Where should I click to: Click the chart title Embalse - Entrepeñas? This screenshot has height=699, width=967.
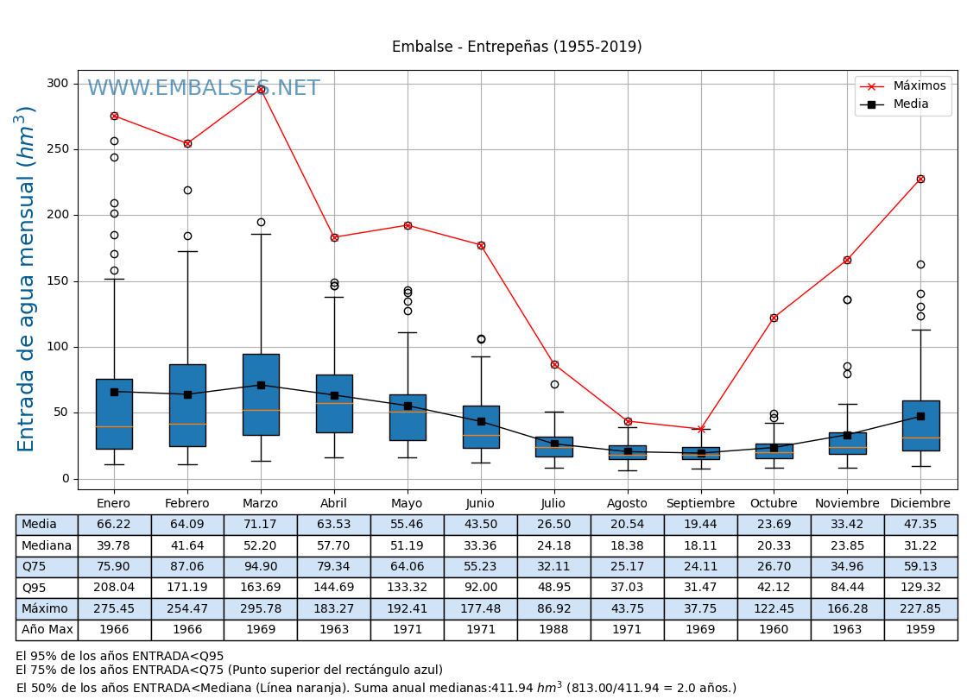click(516, 47)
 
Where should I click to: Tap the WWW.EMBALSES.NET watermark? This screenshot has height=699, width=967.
click(203, 88)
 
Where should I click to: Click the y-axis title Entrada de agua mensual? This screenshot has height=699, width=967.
click(26, 279)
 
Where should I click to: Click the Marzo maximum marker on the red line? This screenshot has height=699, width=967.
click(261, 89)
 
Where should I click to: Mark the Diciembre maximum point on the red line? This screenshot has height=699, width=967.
click(920, 179)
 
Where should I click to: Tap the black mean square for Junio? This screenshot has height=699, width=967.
click(481, 421)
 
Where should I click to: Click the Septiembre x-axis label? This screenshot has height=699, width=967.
click(700, 504)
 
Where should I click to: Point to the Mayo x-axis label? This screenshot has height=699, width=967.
click(408, 504)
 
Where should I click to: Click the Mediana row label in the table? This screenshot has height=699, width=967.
click(47, 545)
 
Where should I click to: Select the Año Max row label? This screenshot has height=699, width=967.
click(47, 630)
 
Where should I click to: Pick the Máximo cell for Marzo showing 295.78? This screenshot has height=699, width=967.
click(261, 608)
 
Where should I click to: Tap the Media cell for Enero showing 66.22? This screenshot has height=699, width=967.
click(114, 525)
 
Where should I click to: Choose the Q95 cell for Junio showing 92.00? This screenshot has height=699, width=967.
click(481, 588)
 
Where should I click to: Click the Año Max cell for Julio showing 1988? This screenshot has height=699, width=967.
click(554, 630)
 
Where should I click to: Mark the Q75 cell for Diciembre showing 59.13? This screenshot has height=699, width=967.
click(920, 567)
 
